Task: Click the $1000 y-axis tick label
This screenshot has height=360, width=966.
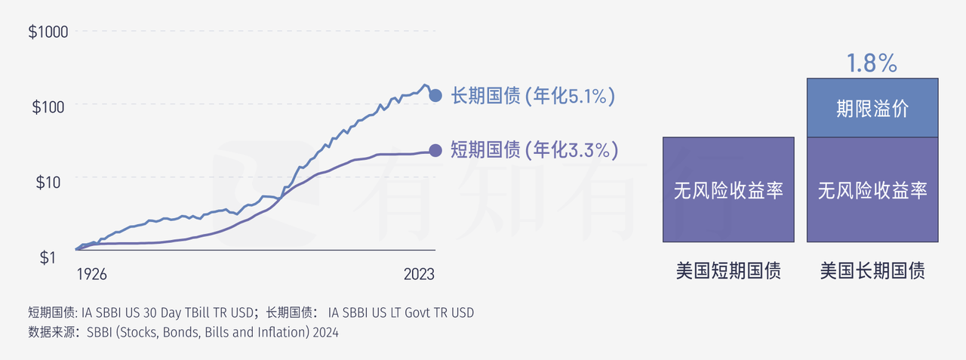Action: point(49,32)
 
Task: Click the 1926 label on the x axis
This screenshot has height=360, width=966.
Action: point(91,275)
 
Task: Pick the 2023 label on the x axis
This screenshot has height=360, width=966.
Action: point(419,275)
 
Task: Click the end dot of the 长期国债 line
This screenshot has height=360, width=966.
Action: point(435,96)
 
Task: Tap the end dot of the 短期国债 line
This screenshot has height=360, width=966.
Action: point(435,151)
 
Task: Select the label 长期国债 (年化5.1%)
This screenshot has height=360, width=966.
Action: point(534,97)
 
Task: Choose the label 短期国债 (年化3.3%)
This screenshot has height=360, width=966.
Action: point(534,150)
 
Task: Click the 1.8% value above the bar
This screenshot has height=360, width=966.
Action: point(872,63)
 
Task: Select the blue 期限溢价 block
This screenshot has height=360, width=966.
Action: point(872,108)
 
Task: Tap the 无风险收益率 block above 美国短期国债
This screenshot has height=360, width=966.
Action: point(728,190)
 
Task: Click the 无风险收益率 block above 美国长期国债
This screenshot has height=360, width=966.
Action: point(872,190)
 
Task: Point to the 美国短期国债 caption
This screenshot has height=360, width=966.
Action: point(728,271)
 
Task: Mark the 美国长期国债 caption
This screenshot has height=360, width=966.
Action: point(872,271)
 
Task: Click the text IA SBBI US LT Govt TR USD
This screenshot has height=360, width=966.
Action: point(401,312)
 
